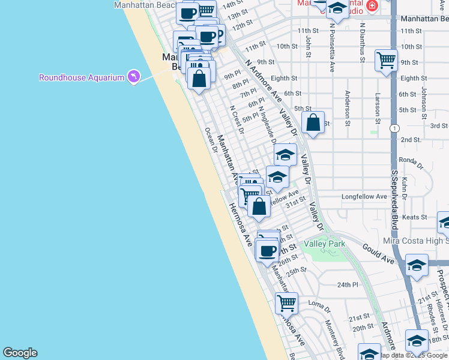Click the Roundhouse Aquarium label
82,77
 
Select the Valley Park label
324,244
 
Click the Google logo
20,353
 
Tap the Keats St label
415,217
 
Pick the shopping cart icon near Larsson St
386,60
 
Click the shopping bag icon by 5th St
313,123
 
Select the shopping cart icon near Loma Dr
287,302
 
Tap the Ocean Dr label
210,140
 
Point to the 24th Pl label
347,284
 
